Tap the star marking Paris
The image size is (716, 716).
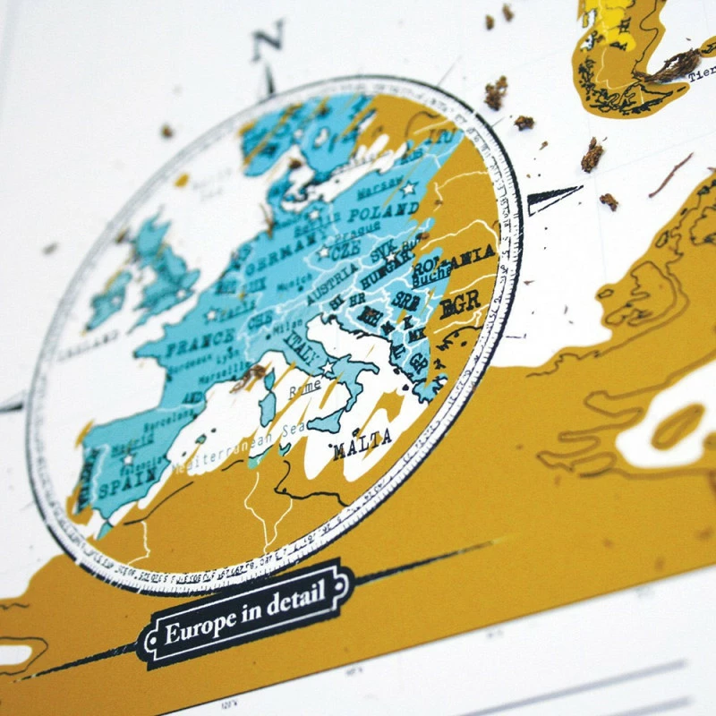pos(212,315)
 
